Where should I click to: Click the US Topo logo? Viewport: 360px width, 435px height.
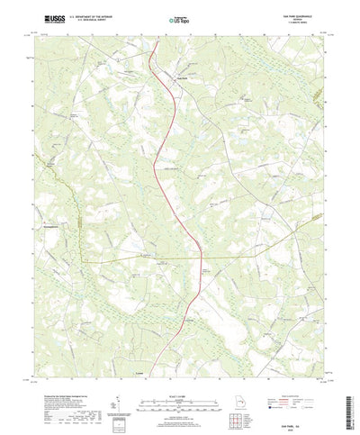[x=180, y=20]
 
